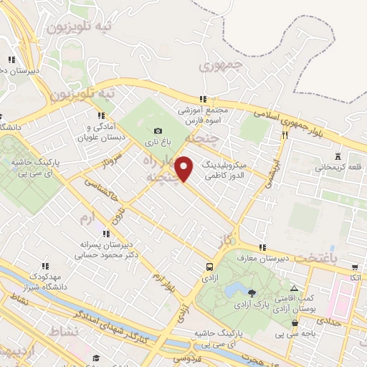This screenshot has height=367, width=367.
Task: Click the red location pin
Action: point(184,168)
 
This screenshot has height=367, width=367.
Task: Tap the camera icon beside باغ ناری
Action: point(158,130)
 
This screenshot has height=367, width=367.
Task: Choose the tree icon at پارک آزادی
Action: point(251,292)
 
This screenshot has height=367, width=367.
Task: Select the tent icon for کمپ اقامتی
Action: point(294,288)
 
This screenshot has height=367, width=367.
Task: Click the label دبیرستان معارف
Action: point(283,257)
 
